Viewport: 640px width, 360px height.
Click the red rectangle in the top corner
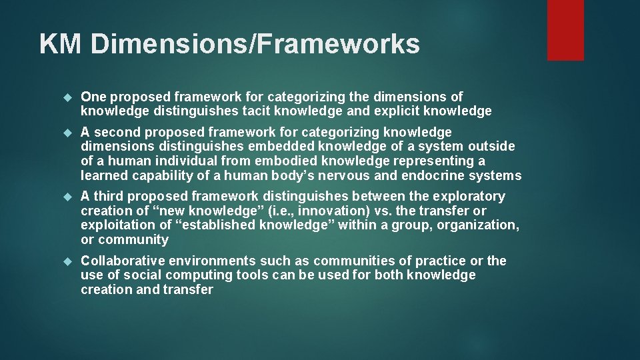coord(565,29)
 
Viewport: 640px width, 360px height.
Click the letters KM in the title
coord(61,44)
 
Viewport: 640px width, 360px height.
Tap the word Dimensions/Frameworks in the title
coord(255,44)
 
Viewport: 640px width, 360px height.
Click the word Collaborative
coord(123,261)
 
